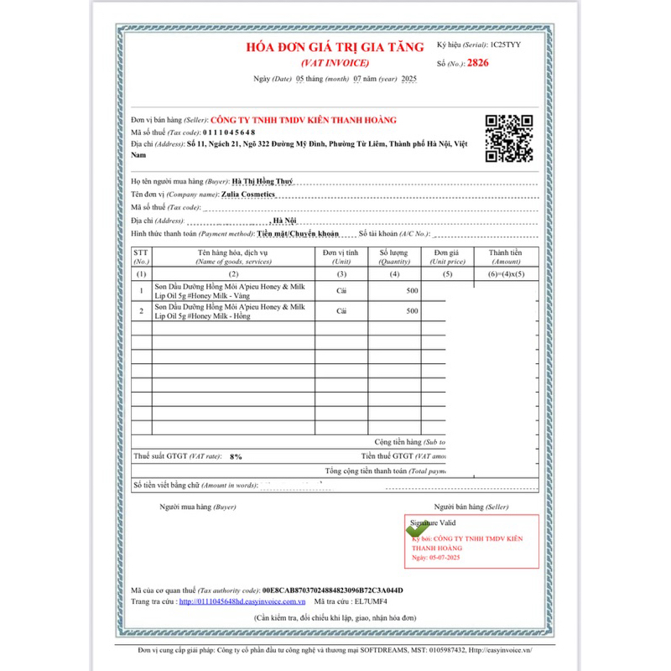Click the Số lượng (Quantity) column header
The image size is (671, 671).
[x=394, y=257]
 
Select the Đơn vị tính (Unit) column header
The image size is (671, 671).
[x=341, y=257]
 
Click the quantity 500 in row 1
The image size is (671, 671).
[x=412, y=290]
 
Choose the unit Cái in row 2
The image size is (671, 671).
[x=342, y=311]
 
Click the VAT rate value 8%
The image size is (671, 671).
[x=236, y=456]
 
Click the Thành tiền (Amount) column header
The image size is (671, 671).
[x=506, y=257]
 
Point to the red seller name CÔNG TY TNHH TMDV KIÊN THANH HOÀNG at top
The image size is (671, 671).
[x=304, y=120]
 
